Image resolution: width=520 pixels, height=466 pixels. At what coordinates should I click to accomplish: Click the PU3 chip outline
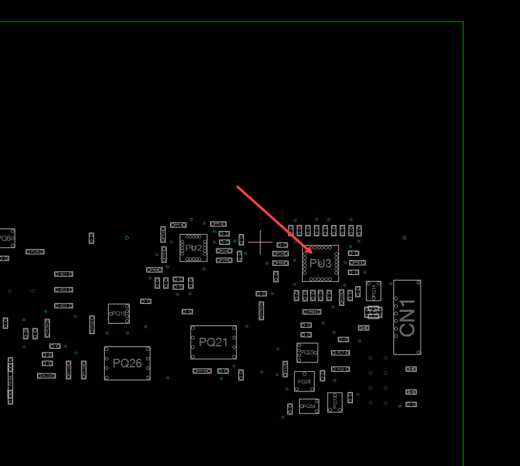coord(320,263)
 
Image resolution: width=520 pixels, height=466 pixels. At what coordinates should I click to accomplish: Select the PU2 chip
coord(194,248)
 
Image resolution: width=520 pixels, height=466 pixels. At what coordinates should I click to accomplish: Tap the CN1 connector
coord(407,317)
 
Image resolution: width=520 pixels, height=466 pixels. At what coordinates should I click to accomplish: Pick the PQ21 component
coord(213,342)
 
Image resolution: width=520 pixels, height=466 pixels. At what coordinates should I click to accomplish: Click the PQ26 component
coord(127,363)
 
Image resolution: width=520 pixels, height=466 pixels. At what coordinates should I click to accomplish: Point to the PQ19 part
coord(118,313)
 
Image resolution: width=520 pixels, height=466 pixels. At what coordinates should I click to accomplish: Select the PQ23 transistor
coord(307,353)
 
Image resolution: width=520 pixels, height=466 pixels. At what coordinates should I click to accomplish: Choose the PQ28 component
coord(304,382)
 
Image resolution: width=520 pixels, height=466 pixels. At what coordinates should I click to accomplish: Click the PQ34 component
coord(308,406)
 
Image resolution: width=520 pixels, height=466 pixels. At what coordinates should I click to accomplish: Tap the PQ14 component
coord(373,291)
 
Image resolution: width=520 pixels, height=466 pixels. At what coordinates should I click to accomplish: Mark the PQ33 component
coord(335,402)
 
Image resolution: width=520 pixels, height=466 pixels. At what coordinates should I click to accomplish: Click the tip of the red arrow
coord(313,253)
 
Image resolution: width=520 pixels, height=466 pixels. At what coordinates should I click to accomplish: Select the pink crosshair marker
coord(260,242)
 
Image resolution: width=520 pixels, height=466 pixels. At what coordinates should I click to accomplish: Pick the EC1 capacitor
coord(64,274)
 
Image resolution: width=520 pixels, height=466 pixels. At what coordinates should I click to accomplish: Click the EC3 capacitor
coord(64,306)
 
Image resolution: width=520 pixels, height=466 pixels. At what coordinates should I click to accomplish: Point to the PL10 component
coord(46,375)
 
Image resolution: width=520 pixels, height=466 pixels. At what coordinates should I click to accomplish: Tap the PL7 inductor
coord(340,353)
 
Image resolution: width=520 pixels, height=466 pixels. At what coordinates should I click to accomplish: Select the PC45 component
coord(35,251)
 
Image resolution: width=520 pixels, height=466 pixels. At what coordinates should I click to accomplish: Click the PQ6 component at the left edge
coord(6,238)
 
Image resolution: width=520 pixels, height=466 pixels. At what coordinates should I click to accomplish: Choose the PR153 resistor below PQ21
coord(202,371)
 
